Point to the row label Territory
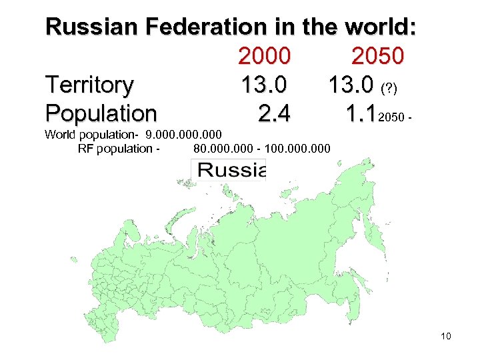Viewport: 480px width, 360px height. (x=89, y=85)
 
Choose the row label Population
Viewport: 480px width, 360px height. (x=101, y=114)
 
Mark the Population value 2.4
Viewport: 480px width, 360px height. (x=273, y=114)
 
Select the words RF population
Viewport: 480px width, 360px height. (x=115, y=148)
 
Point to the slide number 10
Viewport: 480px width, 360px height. (x=446, y=336)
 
